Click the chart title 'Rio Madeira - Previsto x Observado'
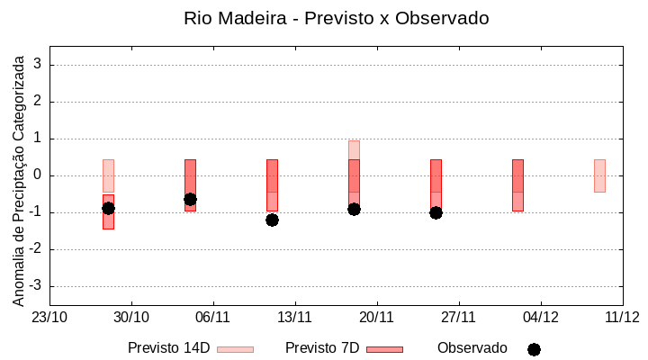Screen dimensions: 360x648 pos(336,18)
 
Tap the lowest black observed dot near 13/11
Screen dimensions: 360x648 pos(272,220)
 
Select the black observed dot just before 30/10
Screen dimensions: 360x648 pos(108,208)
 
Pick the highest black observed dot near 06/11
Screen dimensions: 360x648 pos(190,199)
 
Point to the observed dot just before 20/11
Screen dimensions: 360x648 pos(354,209)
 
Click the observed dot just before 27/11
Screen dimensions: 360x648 pos(436,212)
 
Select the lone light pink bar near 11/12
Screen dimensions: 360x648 pos(599,175)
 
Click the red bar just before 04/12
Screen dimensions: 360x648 pos(517,184)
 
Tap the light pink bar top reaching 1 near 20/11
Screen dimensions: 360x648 pos(354,148)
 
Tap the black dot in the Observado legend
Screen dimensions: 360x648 pos(534,349)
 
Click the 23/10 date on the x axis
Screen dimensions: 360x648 pos(49,317)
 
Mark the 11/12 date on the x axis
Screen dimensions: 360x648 pos(622,317)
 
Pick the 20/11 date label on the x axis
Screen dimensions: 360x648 pos(376,317)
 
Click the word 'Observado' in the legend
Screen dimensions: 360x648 pos(472,347)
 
